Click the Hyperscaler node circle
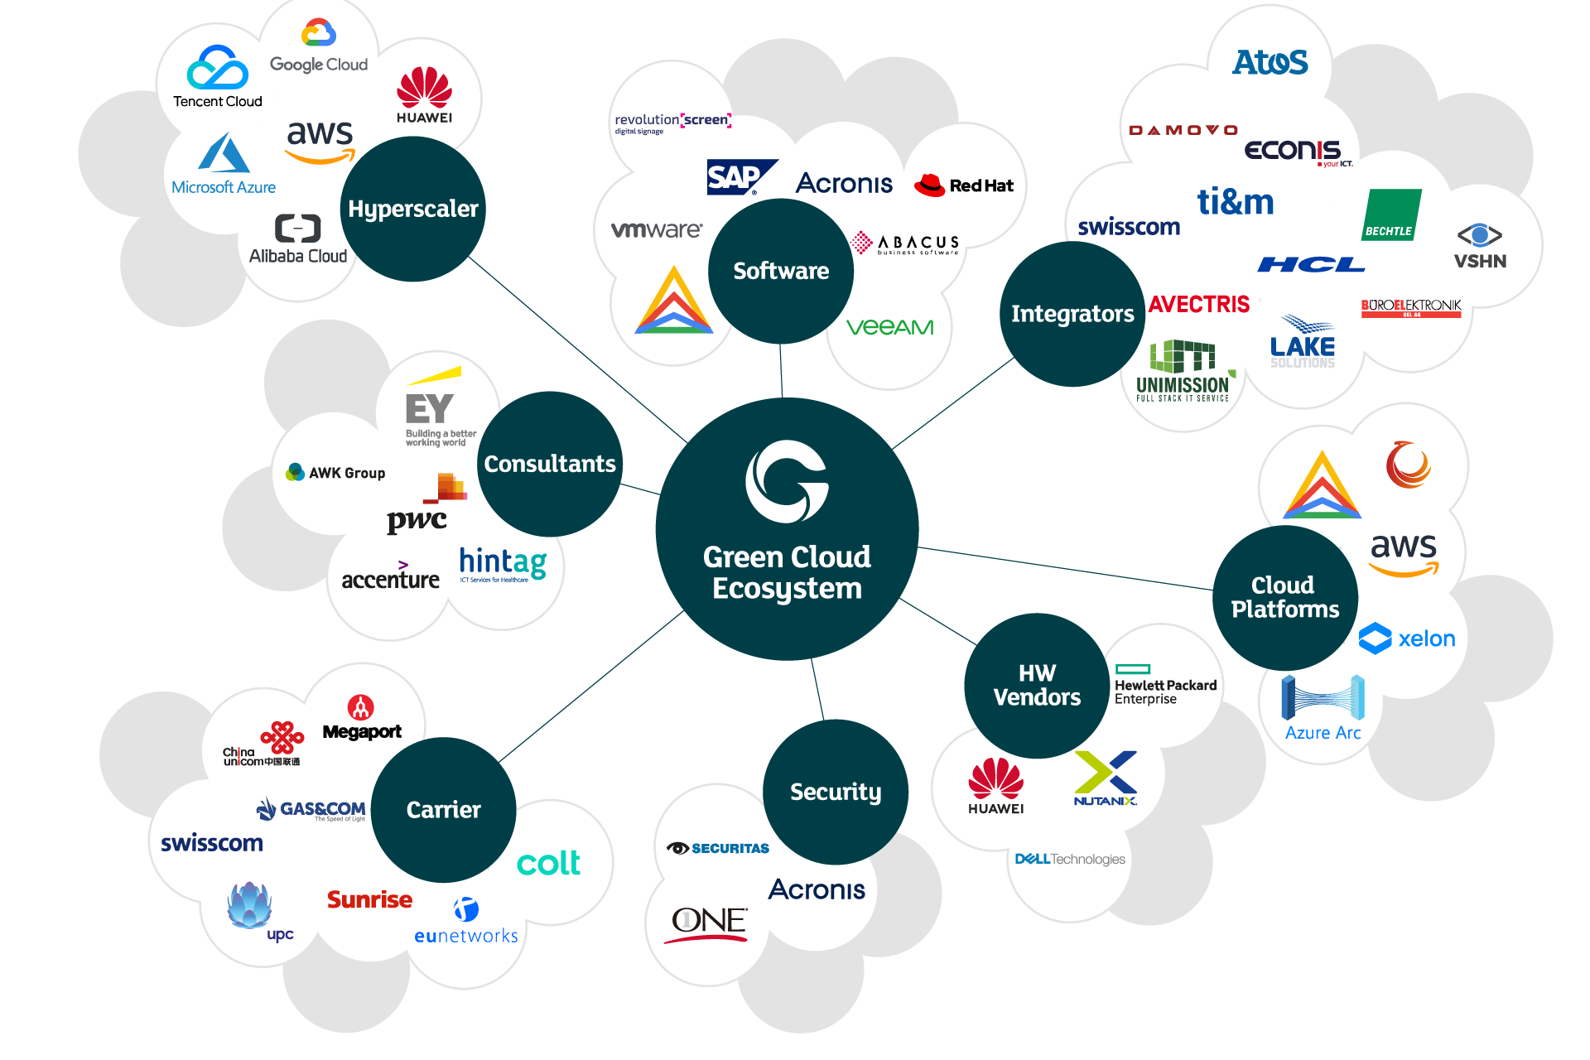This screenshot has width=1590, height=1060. (412, 209)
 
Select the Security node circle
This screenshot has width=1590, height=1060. (835, 792)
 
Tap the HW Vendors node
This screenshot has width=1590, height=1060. (1037, 685)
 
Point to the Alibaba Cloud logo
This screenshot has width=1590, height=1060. (298, 239)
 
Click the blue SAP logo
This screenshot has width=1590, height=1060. (740, 176)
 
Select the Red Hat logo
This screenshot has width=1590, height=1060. (964, 185)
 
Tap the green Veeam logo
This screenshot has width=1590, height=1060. (889, 327)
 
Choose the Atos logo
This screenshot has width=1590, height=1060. (1270, 62)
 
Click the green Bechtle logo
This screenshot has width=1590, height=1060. (1391, 215)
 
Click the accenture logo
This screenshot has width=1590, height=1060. (390, 576)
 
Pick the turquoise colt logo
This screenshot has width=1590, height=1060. (548, 863)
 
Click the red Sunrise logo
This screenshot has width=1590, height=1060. (369, 899)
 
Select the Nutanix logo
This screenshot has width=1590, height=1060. (1106, 778)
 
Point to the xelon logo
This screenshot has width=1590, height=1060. (1407, 638)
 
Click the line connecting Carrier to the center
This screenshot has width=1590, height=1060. (592, 685)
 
